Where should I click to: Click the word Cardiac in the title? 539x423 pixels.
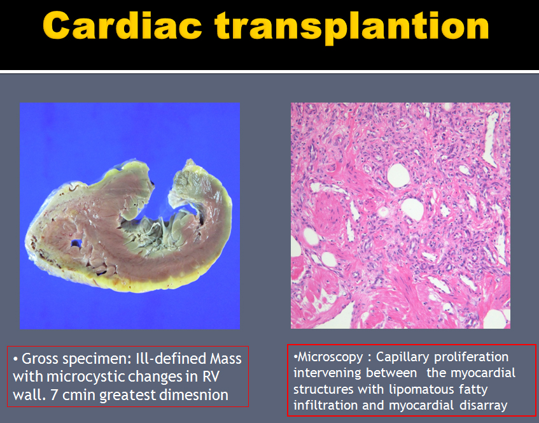point(122,26)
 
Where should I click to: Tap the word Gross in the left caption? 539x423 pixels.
point(41,359)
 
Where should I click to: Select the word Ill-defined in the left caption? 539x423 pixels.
point(169,359)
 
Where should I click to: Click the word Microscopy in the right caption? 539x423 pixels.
point(330,357)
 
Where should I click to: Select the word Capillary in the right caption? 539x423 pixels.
point(402,357)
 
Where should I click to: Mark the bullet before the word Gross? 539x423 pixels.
point(15,360)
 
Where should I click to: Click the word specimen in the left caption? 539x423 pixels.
point(97,359)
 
